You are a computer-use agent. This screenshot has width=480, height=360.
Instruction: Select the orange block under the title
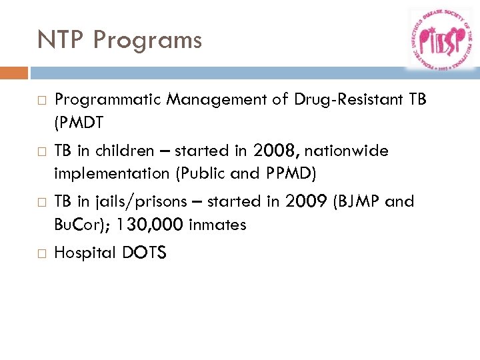click(x=14, y=73)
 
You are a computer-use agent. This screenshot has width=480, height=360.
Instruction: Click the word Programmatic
click(x=108, y=101)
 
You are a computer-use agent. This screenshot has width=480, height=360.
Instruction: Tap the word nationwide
click(x=346, y=151)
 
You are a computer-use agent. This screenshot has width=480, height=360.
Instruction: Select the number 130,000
click(x=150, y=225)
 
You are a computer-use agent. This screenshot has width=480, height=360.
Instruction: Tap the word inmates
click(x=217, y=225)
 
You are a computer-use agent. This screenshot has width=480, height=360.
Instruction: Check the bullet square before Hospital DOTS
click(x=41, y=253)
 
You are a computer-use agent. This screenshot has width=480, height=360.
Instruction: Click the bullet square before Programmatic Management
click(x=41, y=101)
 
